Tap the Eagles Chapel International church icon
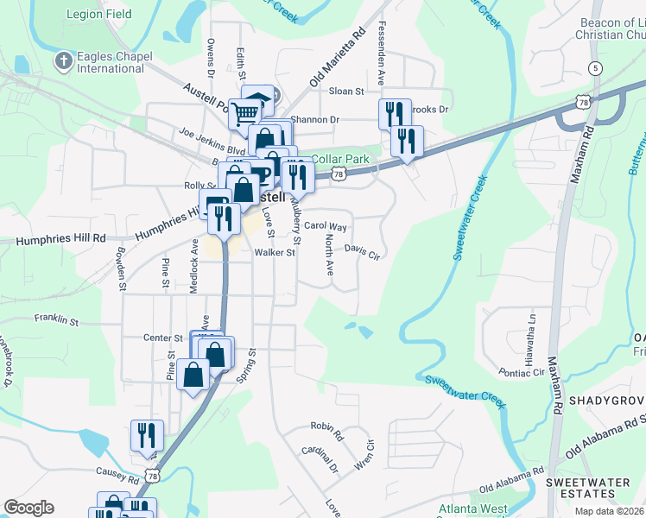click(62, 61)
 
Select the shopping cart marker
click(245, 113)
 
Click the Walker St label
click(275, 253)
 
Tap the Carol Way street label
click(325, 227)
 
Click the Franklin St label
click(56, 320)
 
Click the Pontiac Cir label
click(521, 372)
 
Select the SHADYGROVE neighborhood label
click(606, 402)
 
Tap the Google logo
click(28, 508)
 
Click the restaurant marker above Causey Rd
click(147, 435)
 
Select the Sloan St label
click(345, 90)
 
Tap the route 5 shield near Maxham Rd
click(595, 67)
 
